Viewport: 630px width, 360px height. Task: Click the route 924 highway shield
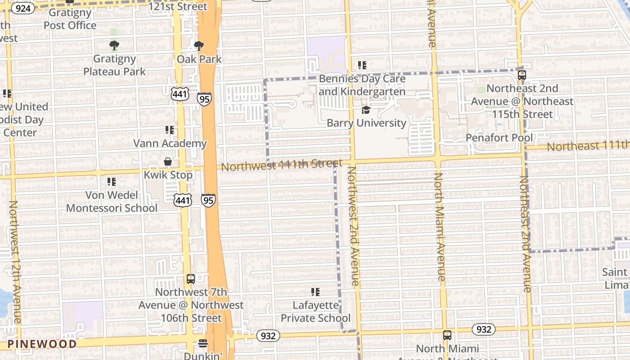click(x=22, y=8)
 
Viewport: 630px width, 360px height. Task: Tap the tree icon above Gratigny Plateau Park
click(x=114, y=45)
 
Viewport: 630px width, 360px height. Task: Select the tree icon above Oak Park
click(x=198, y=45)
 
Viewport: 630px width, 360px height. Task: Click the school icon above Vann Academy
click(x=170, y=130)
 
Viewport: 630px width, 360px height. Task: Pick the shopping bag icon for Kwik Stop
click(x=168, y=162)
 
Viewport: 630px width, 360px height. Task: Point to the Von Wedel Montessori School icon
click(x=112, y=182)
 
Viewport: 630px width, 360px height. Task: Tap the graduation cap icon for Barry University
click(x=366, y=110)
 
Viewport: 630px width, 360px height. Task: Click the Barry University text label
click(x=366, y=123)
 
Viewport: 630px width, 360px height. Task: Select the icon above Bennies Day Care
click(x=362, y=65)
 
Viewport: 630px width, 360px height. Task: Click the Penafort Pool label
click(x=499, y=138)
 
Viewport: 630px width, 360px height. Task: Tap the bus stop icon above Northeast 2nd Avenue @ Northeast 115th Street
click(x=522, y=75)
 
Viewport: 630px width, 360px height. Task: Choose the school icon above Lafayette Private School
click(x=315, y=292)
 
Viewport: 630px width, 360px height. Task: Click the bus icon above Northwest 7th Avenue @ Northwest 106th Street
click(x=191, y=279)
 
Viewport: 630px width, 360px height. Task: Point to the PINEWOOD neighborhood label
click(x=42, y=344)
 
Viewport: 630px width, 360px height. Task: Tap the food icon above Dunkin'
click(x=203, y=343)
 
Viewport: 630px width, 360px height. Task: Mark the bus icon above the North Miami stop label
click(x=447, y=335)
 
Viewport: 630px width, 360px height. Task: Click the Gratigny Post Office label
click(x=70, y=19)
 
